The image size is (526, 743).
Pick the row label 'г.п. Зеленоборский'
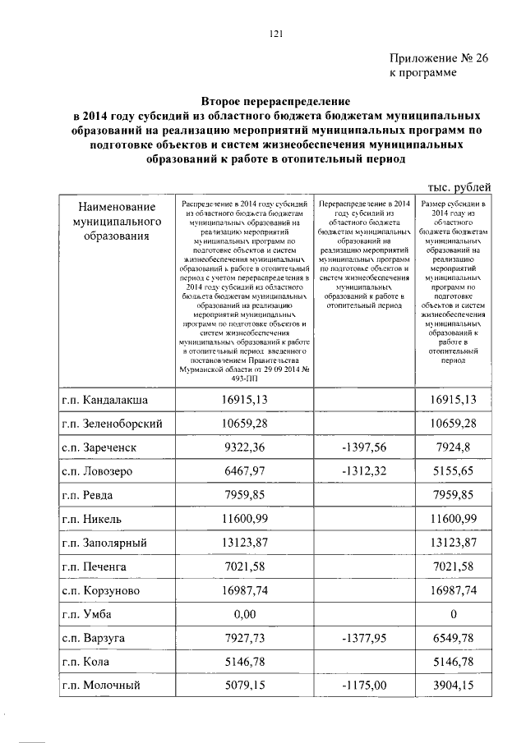point(114,423)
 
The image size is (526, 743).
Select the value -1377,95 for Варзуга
point(362,638)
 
